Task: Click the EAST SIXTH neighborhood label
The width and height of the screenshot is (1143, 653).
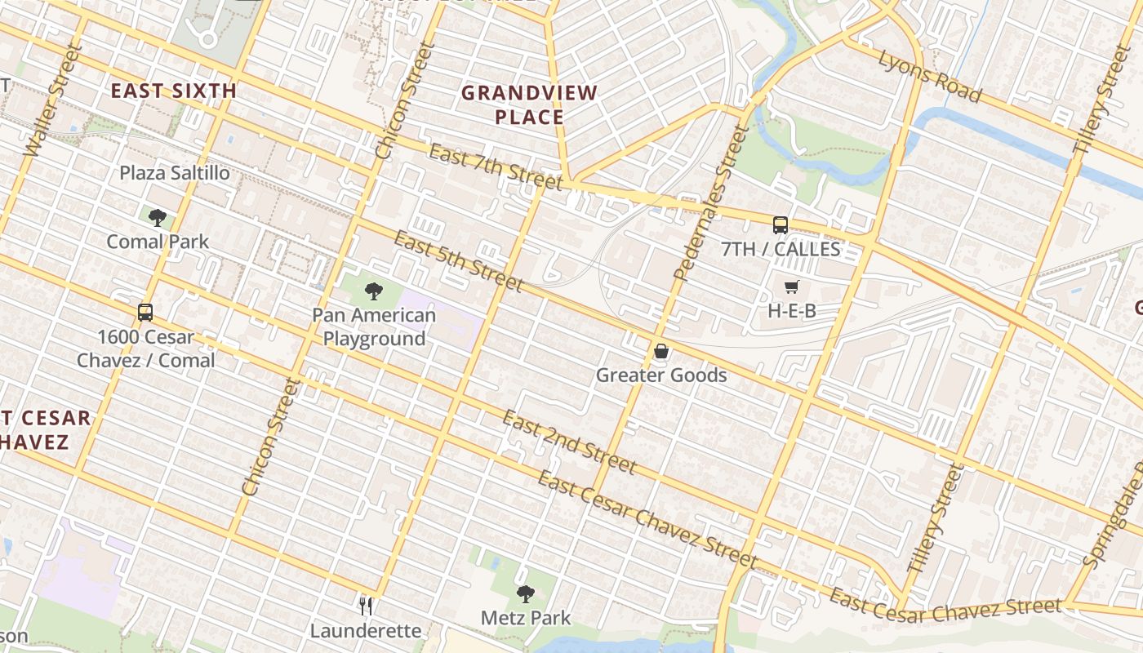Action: pyautogui.click(x=173, y=91)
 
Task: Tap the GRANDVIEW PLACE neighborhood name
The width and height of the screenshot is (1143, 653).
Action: pyautogui.click(x=529, y=104)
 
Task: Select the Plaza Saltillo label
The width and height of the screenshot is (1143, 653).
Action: pyautogui.click(x=175, y=173)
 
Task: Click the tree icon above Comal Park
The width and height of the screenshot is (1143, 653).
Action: pyautogui.click(x=158, y=218)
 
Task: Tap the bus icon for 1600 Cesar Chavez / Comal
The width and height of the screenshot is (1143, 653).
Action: pyautogui.click(x=145, y=313)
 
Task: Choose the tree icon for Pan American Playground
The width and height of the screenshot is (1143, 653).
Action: pyautogui.click(x=374, y=291)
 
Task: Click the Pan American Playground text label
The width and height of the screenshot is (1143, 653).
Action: pyautogui.click(x=374, y=326)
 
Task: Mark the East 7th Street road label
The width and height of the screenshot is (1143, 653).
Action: pyautogui.click(x=495, y=167)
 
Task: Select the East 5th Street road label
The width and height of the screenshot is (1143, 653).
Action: pyautogui.click(x=458, y=260)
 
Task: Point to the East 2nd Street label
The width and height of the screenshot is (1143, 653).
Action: pyautogui.click(x=568, y=442)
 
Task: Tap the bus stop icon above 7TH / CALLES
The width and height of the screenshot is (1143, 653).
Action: pyautogui.click(x=781, y=225)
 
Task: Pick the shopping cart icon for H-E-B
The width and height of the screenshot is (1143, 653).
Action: pyautogui.click(x=791, y=287)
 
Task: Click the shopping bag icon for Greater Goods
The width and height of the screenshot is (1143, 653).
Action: pyautogui.click(x=661, y=352)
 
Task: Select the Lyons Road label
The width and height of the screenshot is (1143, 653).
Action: pyautogui.click(x=929, y=76)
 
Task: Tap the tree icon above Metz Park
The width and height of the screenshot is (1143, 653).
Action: pyautogui.click(x=526, y=593)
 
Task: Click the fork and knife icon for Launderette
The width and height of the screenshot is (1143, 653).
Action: pyautogui.click(x=367, y=606)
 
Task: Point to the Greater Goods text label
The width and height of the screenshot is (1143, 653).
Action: pyautogui.click(x=661, y=375)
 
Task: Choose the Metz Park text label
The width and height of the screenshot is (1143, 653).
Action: pyautogui.click(x=526, y=618)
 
